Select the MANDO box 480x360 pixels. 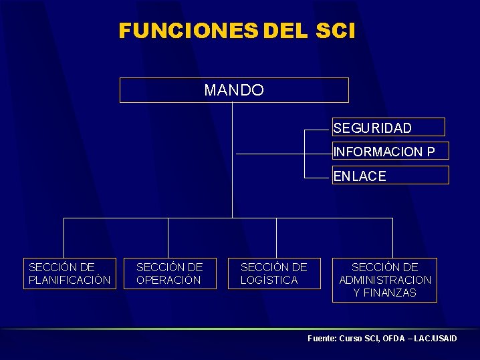coord(234,90)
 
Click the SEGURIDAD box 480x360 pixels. coord(388,128)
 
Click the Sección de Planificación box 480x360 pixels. coord(70,274)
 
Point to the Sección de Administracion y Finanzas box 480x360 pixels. coord(385,280)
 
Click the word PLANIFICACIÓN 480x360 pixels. coord(70,280)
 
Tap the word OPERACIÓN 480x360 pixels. coord(168,280)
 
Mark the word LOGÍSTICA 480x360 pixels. coord(269,280)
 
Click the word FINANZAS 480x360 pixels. coord(385,293)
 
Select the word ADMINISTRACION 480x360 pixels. coord(385,280)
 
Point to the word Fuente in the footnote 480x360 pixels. coord(321,339)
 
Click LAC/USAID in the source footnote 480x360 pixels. coord(436,339)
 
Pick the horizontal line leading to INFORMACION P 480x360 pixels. coord(284,154)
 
